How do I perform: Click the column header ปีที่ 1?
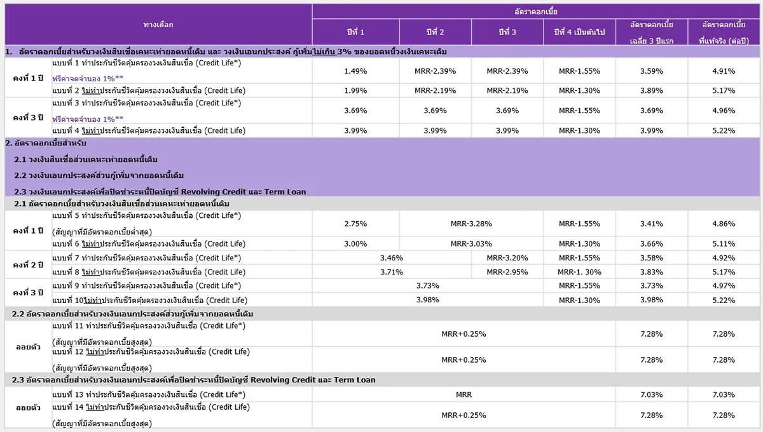[x=355, y=32]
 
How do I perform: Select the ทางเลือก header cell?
[x=158, y=25]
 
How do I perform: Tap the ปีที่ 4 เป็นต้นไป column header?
[x=579, y=32]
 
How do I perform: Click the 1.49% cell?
[x=355, y=71]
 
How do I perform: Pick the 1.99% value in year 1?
[x=355, y=91]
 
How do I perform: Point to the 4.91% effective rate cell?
[x=724, y=71]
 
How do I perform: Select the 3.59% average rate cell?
[x=652, y=71]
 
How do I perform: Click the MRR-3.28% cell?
[x=471, y=224]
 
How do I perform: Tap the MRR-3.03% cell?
[x=471, y=244]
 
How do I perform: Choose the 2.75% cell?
[x=355, y=224]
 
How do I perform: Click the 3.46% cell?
[x=392, y=258]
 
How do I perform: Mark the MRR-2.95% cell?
[x=507, y=272]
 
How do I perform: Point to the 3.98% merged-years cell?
[x=428, y=300]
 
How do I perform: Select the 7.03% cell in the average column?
[x=652, y=395]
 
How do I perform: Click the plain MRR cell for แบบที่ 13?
[x=464, y=395]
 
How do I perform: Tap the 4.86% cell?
[x=724, y=224]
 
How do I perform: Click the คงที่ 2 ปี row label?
[x=28, y=265]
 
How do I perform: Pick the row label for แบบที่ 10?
[x=150, y=300]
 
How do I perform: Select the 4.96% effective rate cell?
[x=724, y=111]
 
